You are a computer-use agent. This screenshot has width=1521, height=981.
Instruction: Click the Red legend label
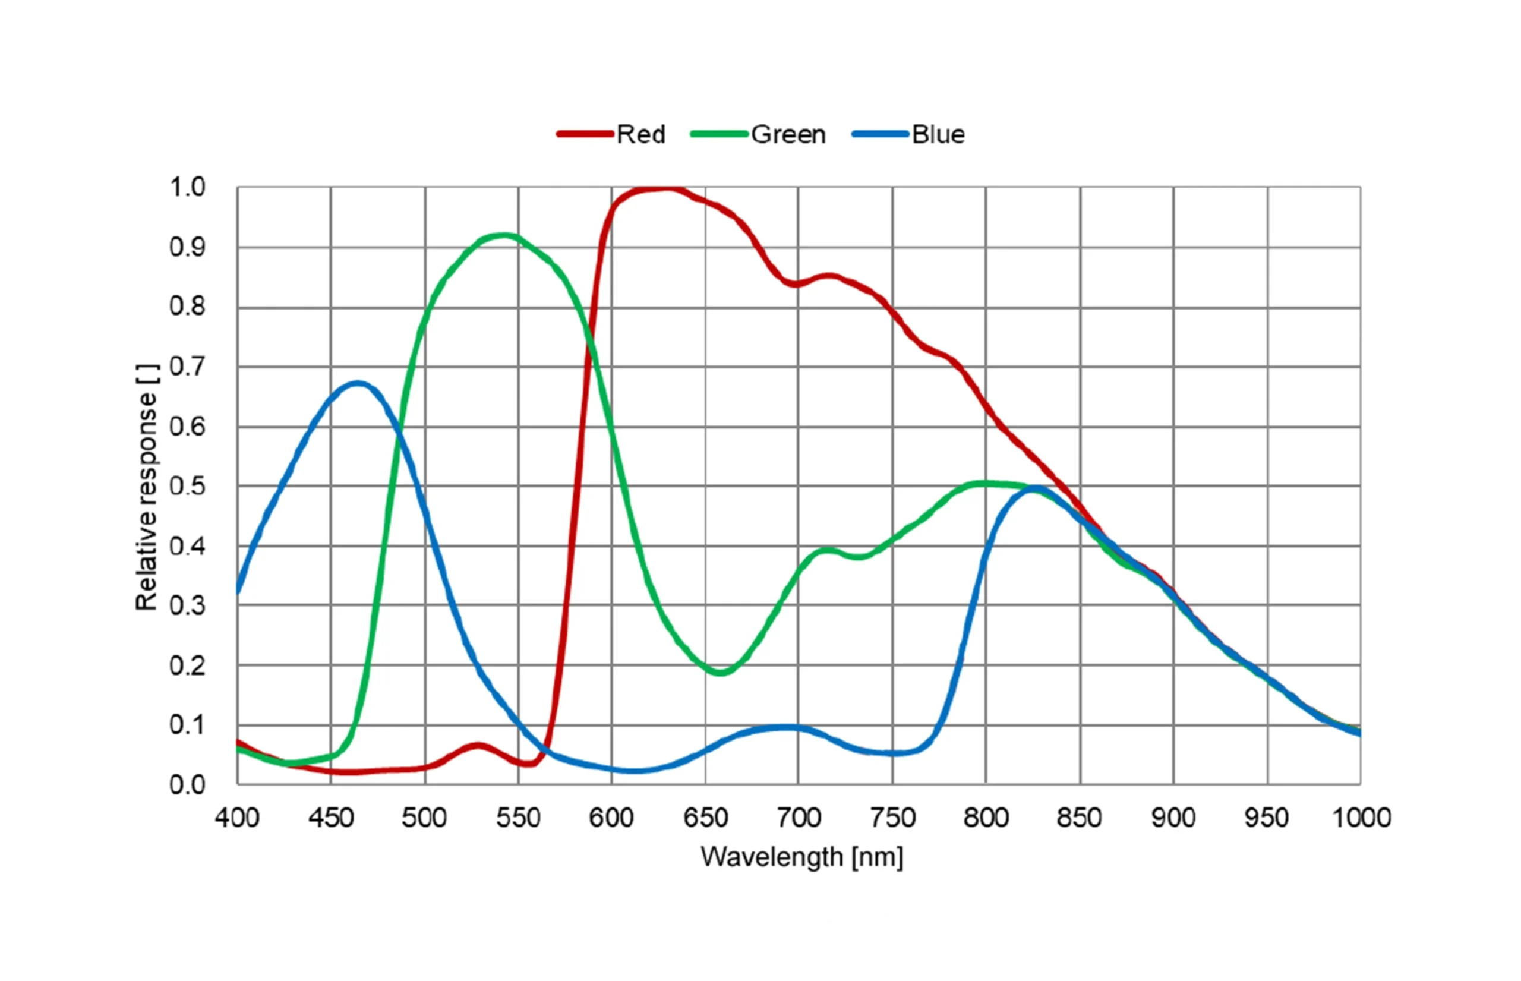(640, 134)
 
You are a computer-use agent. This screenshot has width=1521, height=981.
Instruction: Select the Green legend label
(788, 134)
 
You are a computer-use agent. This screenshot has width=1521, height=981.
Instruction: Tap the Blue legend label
(938, 134)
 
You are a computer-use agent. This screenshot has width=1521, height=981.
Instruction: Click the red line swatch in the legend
(584, 134)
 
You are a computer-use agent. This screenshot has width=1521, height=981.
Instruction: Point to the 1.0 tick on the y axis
(187, 187)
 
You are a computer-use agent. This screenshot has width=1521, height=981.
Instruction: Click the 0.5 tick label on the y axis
(187, 486)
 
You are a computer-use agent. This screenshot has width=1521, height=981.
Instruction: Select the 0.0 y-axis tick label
(187, 785)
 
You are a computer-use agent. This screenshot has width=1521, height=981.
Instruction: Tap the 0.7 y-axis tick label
(187, 367)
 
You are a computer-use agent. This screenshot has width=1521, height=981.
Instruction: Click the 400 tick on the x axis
(237, 817)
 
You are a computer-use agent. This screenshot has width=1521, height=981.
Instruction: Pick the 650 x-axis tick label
(705, 817)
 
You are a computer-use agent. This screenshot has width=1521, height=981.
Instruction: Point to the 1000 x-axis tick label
(1361, 817)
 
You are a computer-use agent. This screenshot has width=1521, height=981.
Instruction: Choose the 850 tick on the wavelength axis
(1080, 817)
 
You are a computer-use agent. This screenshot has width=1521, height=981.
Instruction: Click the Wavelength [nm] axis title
(802, 857)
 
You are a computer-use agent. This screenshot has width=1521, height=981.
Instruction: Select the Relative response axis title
(147, 487)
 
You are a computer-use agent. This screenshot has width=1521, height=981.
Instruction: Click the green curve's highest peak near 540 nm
(504, 236)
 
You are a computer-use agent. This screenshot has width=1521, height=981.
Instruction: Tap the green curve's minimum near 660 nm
(720, 672)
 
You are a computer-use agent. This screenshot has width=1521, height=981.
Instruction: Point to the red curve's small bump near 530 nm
(478, 745)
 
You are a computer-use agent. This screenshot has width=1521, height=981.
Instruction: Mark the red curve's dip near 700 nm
(796, 283)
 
